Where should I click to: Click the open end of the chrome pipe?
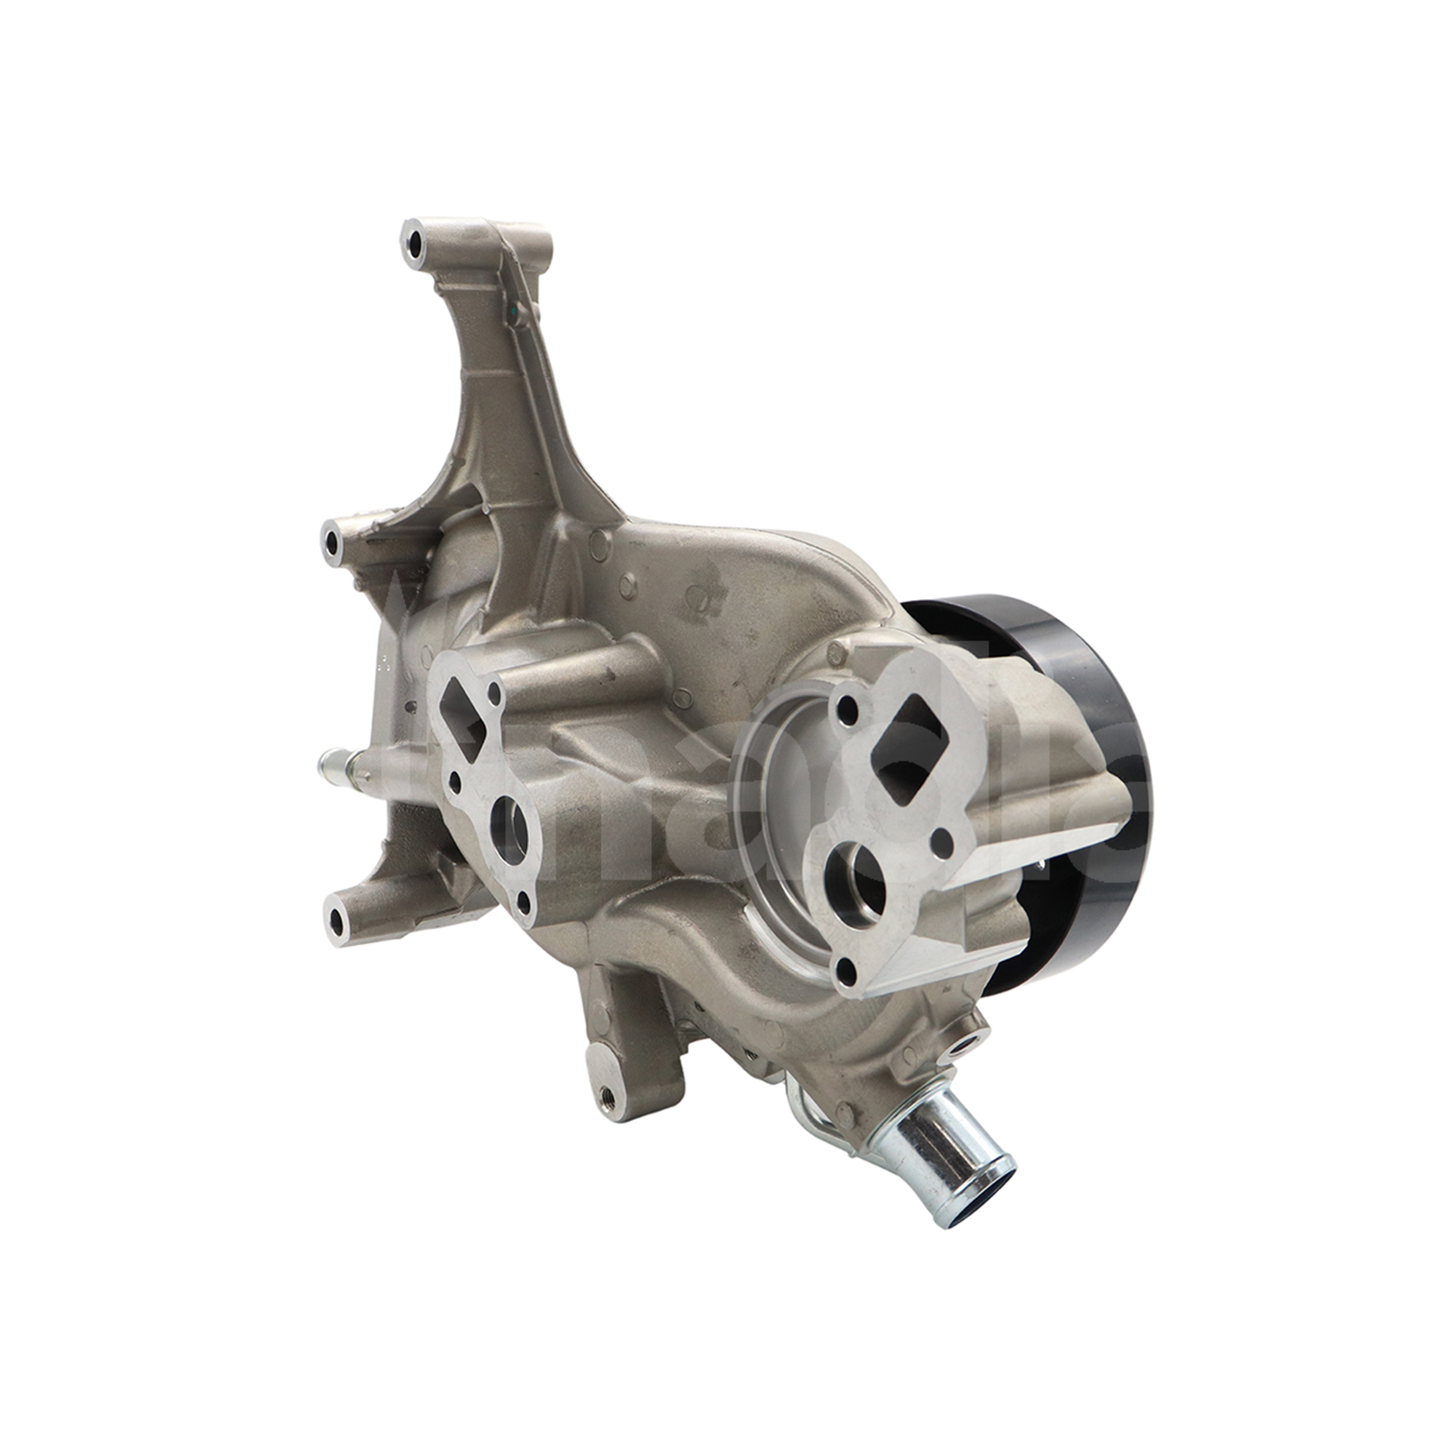click(x=980, y=1183)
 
